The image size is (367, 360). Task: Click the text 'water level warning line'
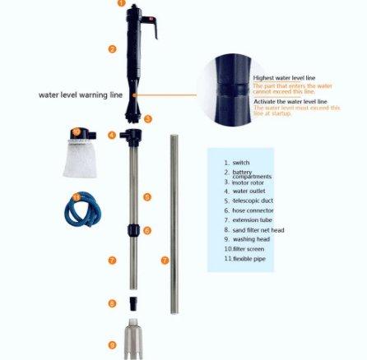[80, 95]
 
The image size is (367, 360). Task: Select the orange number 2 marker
[112, 49]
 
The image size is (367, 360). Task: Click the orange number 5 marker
[147, 196]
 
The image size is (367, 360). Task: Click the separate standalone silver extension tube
[174, 222]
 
